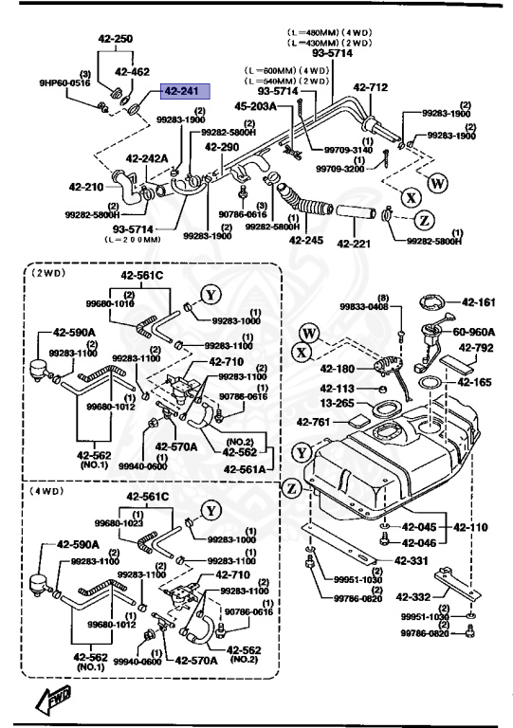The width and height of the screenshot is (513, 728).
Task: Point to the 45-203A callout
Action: tap(254, 107)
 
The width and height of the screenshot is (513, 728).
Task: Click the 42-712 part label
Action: tap(371, 88)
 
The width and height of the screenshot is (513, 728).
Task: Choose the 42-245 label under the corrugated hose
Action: tap(306, 240)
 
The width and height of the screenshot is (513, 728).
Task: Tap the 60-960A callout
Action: tap(476, 333)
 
